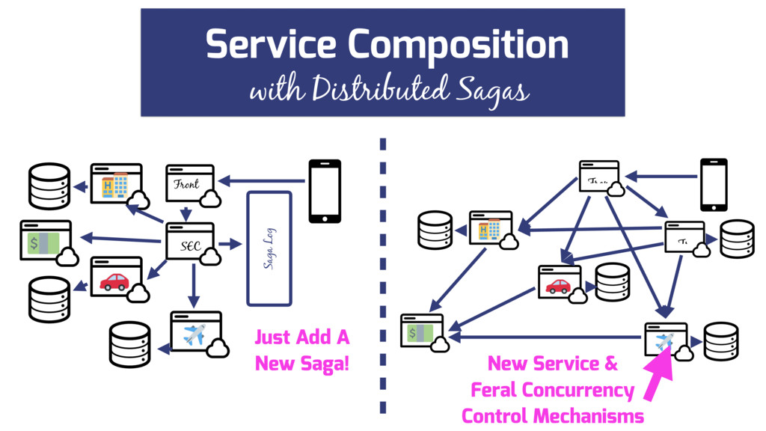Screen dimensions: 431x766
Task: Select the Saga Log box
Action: [269, 248]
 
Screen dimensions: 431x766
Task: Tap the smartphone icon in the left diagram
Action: [325, 191]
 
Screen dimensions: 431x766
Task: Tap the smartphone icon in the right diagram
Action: [713, 184]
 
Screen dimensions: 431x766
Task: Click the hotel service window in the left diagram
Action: [116, 183]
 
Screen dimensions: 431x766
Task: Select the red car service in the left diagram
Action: [116, 278]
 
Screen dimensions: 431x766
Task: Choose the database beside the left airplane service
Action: [129, 344]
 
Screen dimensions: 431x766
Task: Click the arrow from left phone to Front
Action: [263, 180]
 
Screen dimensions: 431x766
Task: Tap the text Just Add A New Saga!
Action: [301, 350]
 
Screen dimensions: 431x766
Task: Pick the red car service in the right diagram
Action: [560, 283]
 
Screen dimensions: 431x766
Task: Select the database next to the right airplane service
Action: [720, 340]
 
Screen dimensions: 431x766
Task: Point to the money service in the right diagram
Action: [422, 331]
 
